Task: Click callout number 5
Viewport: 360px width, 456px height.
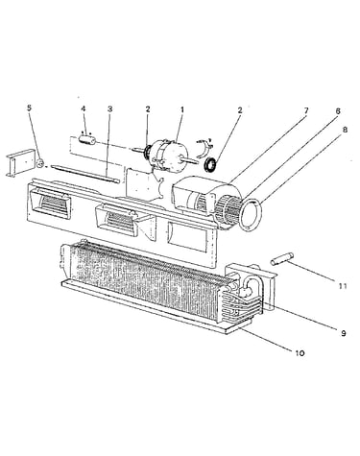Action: tap(29, 108)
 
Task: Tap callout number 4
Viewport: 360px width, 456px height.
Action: tap(84, 108)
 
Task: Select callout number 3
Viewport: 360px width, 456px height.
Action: tap(109, 108)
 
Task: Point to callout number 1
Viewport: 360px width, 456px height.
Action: tap(182, 109)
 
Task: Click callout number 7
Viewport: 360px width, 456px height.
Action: tap(306, 110)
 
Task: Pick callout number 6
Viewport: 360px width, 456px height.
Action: tap(338, 111)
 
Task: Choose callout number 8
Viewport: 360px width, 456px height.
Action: tap(345, 130)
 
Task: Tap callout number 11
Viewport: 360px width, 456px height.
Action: tap(343, 286)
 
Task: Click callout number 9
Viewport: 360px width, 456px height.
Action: tap(344, 333)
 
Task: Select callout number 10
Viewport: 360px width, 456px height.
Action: tap(300, 353)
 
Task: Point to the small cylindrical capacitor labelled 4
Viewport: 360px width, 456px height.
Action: tap(87, 140)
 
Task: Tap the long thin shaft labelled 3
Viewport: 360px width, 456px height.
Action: tap(85, 174)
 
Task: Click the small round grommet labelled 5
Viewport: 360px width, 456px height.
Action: tap(40, 163)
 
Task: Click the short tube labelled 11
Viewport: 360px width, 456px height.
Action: tap(282, 258)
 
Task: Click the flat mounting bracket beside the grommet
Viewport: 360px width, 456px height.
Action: tap(21, 163)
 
